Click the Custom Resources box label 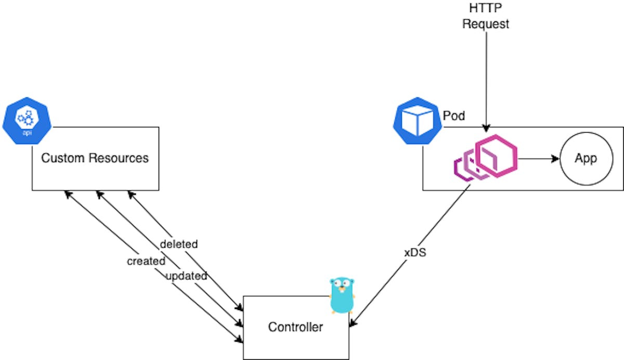click(x=95, y=158)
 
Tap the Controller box click(x=295, y=327)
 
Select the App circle click(x=586, y=159)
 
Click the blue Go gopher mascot click(x=342, y=295)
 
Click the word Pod click(x=454, y=115)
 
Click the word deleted click(x=179, y=243)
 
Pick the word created click(x=146, y=261)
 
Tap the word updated click(x=186, y=276)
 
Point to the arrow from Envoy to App click(x=538, y=159)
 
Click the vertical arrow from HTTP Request click(x=486, y=78)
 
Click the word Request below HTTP click(x=486, y=24)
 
